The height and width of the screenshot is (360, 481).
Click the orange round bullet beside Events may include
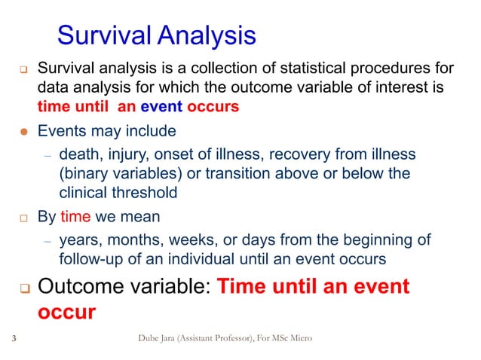click(23, 131)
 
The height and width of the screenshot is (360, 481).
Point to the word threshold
click(142, 192)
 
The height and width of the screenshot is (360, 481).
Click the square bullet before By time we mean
click(23, 217)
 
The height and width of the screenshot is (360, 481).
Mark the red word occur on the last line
click(66, 311)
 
